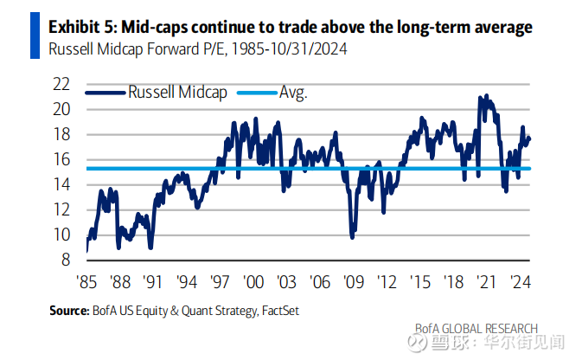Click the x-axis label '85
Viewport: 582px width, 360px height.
87,282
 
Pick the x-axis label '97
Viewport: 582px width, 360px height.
220,282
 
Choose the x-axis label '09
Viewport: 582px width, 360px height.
353,282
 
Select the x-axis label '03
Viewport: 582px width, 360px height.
286,282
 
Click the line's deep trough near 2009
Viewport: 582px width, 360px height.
353,235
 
